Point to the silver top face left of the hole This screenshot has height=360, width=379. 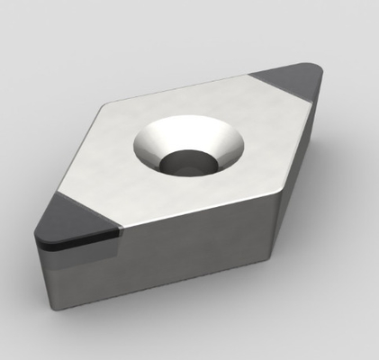[108, 166]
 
